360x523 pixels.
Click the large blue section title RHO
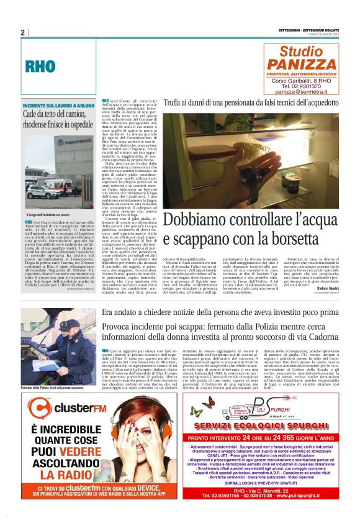click(x=40, y=66)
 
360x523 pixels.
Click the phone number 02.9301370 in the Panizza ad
click(x=312, y=86)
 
